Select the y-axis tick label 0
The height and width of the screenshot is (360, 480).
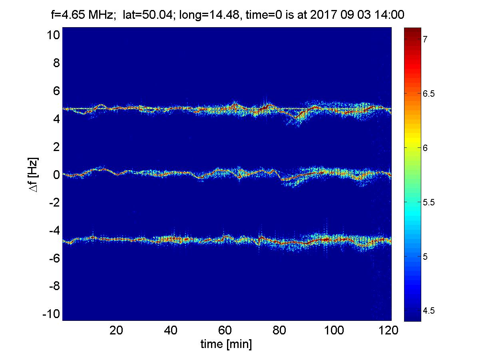(x=56, y=175)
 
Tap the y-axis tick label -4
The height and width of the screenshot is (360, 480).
(x=53, y=231)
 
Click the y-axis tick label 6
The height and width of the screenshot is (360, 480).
(x=56, y=91)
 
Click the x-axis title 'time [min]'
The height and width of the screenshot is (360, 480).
(x=226, y=344)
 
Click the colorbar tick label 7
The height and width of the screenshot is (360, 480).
(x=426, y=39)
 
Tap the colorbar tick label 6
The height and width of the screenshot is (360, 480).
(x=426, y=148)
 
